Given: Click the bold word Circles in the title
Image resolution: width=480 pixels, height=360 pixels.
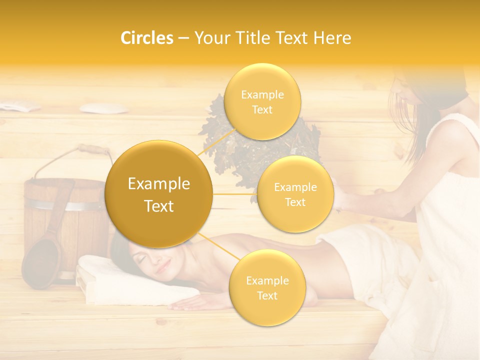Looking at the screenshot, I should (147, 38).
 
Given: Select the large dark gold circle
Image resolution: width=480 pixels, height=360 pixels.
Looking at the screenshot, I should (158, 194).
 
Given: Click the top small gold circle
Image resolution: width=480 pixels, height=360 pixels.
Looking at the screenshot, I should (262, 102).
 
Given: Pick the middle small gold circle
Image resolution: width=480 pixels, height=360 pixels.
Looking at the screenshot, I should (295, 194).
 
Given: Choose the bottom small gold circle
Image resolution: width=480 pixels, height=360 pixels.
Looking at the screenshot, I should (267, 287).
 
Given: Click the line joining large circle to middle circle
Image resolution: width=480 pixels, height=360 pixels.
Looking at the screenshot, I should (235, 194).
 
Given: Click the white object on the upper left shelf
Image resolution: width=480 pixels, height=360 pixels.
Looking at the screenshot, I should (97, 107).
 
